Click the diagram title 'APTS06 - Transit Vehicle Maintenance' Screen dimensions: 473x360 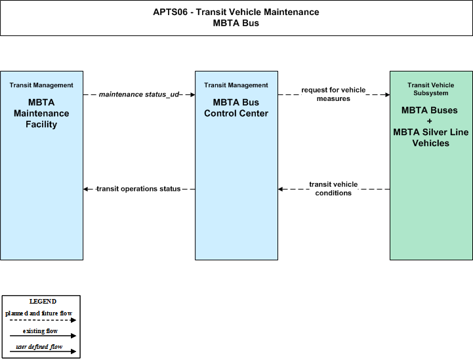[x=236, y=12]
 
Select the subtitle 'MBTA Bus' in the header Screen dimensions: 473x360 [x=236, y=23]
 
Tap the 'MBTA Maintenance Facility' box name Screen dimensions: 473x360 [x=41, y=113]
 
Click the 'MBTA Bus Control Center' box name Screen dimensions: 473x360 [x=236, y=108]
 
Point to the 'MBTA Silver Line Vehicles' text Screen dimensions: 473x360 [x=431, y=138]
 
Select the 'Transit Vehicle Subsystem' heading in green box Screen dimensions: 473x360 [x=431, y=89]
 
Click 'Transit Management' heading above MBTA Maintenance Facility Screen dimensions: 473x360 [x=41, y=85]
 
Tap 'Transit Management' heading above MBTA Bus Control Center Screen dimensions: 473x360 [x=236, y=85]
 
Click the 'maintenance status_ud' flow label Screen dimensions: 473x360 [x=139, y=94]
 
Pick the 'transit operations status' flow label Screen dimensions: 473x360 [x=138, y=189]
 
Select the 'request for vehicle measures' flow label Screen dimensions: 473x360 [x=333, y=94]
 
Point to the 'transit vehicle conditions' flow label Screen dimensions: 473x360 [x=333, y=189]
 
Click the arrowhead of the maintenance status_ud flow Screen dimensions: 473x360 [x=193, y=94]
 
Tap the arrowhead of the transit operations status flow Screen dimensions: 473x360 [x=86, y=189]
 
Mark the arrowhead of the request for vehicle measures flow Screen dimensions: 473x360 [x=387, y=94]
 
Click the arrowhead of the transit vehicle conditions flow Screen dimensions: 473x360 [x=281, y=189]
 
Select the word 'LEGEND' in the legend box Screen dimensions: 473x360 [x=43, y=302]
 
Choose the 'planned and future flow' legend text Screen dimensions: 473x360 [x=39, y=313]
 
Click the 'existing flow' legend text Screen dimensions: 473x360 [x=40, y=331]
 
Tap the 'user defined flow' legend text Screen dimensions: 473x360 [x=39, y=347]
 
